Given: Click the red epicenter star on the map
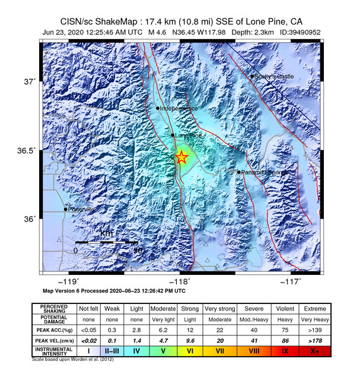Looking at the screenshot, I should point(181,157).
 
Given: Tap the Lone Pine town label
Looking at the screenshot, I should point(186,135).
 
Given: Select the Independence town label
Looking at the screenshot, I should point(179,108).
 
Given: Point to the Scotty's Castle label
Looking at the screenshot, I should point(273,76).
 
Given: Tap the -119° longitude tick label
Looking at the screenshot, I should point(71,282).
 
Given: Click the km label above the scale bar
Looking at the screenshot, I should point(106,234).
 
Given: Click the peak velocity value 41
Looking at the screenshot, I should point(254,341).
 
